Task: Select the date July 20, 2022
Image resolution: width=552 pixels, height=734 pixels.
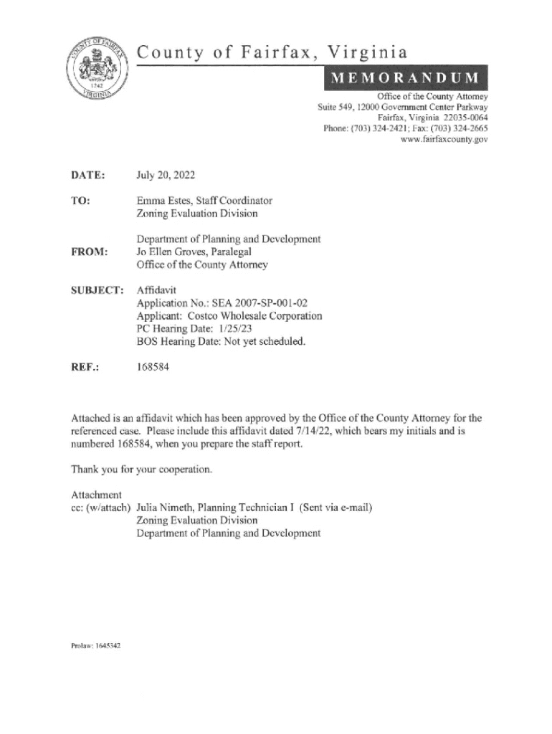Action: point(166,175)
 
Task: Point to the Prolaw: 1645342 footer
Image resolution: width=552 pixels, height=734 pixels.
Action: point(95,646)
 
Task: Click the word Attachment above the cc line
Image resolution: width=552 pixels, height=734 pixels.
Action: point(96,495)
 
